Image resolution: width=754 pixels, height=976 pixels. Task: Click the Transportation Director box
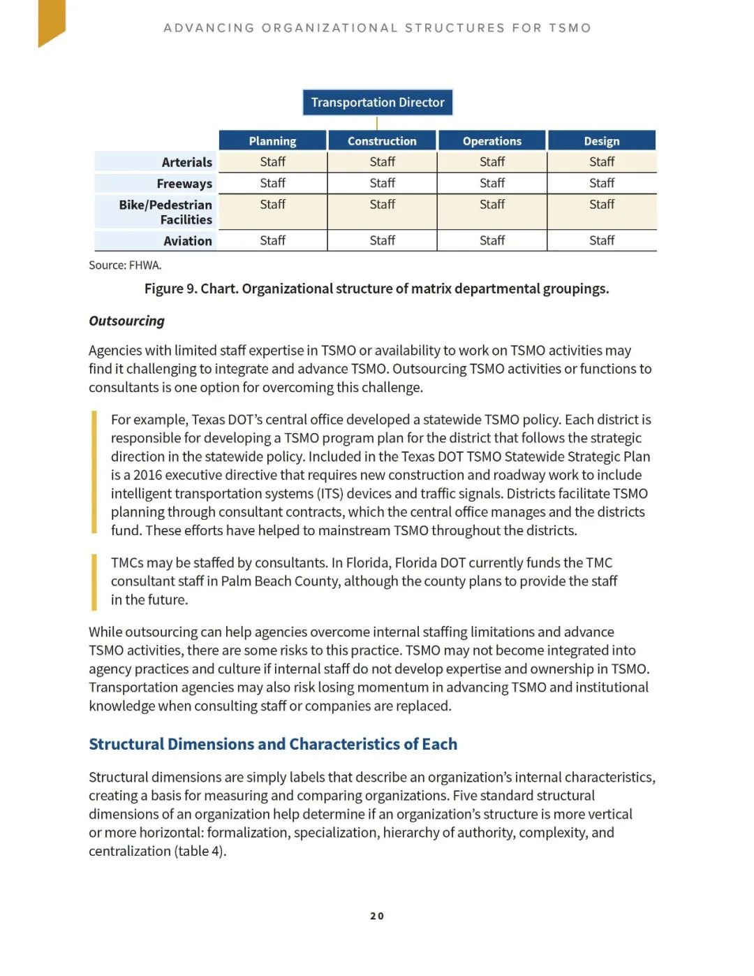pos(378,102)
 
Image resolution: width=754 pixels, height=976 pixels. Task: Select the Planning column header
pos(272,140)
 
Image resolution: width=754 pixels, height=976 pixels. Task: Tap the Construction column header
pos(382,140)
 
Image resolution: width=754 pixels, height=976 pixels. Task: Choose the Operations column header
pos(491,140)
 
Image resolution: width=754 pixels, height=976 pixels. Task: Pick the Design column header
pos(601,140)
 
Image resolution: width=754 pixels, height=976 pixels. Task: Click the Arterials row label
pos(186,162)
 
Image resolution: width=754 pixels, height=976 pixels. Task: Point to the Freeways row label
pos(184,184)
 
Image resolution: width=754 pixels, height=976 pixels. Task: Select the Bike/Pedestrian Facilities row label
pos(165,212)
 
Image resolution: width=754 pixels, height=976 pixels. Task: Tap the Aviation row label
pos(188,241)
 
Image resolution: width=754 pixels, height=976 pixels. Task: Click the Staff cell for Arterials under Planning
pos(272,162)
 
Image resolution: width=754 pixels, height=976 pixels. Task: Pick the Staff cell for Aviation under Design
pos(601,240)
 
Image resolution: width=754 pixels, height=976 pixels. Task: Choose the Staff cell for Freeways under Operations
pos(491,183)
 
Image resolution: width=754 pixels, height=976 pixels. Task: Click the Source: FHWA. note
pos(125,265)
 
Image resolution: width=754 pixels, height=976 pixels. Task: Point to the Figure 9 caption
pos(376,289)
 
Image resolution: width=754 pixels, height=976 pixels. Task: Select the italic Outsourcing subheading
pos(126,321)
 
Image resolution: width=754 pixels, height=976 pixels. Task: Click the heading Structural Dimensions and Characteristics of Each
pos(273,744)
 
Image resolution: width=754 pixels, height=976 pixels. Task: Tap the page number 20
pos(377,916)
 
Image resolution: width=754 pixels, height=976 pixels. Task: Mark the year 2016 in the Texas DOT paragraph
pos(147,475)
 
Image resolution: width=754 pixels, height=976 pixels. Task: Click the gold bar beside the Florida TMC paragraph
pos(94,581)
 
